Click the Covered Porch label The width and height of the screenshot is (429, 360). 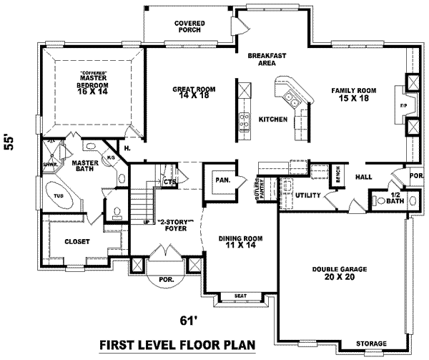pos(189,27)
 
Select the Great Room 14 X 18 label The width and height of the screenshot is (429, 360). pos(194,93)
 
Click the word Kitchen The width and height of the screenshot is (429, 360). pos(272,119)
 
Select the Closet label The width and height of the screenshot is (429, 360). pos(77,242)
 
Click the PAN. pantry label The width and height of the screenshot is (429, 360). pos(222,180)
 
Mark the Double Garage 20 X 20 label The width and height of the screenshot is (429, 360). pos(340,273)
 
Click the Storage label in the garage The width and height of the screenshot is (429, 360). pos(372,343)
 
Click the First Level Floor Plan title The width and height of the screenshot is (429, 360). pos(177,346)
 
